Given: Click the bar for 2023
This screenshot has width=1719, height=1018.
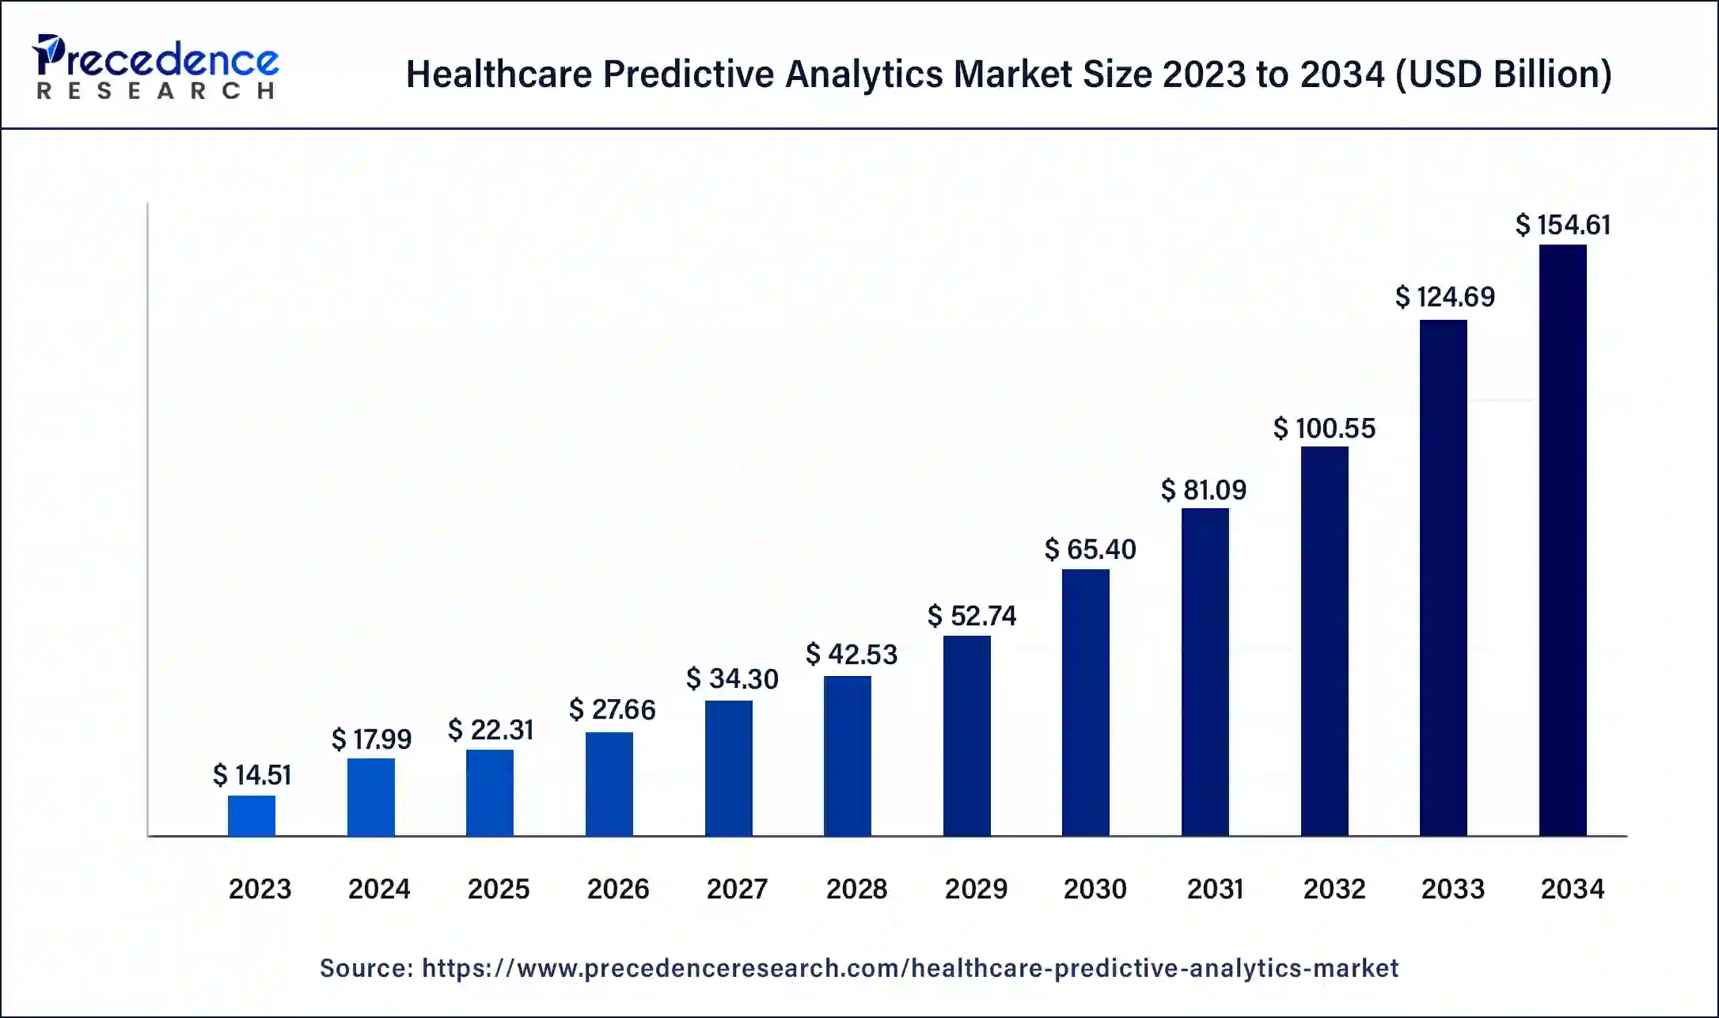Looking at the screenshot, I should [252, 815].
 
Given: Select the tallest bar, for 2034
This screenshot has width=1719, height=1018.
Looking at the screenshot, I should [1562, 540].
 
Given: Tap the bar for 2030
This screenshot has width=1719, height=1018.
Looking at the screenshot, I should [1085, 702].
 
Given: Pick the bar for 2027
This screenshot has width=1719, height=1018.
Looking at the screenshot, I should [728, 768].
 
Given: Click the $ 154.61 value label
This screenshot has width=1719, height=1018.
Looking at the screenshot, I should [1562, 225].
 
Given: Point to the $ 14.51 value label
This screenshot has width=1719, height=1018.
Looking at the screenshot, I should [252, 774].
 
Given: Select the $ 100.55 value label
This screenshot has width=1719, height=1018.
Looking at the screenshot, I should [1324, 428].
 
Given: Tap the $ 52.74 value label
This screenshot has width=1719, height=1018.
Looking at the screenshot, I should [971, 615].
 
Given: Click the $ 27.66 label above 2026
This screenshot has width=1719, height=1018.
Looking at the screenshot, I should [612, 709].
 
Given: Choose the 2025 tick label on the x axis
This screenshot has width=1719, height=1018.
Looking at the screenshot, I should [498, 889].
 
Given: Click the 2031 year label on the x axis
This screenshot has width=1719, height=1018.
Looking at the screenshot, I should [1214, 889].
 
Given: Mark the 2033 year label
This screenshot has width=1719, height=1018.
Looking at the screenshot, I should [1452, 889].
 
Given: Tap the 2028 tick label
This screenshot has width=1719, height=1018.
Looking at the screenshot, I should [856, 889].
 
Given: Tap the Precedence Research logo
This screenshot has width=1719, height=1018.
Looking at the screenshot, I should [155, 66].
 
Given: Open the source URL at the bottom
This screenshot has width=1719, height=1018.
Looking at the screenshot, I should [909, 968].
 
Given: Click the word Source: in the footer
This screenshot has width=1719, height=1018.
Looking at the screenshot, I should [366, 968].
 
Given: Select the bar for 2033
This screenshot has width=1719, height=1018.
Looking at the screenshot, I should [1443, 578].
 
